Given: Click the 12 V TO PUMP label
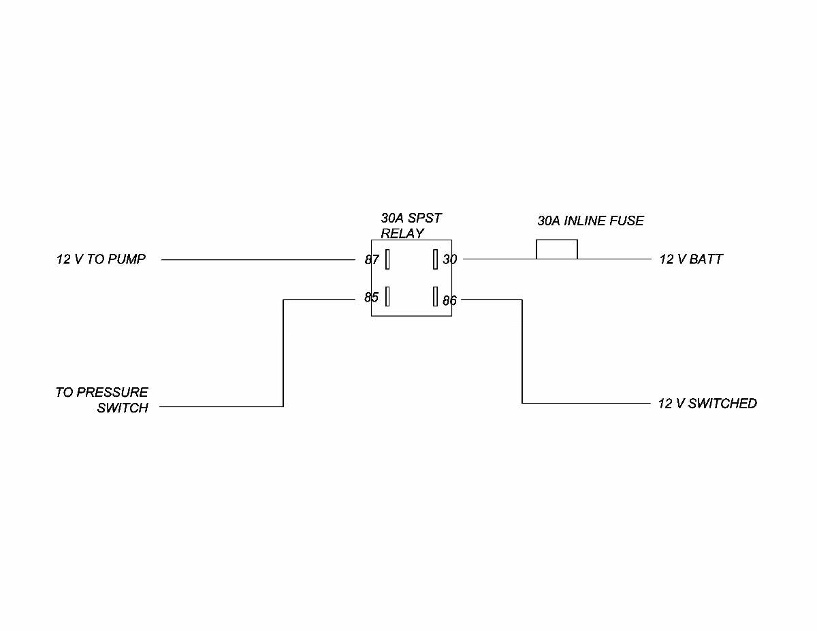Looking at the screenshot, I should [x=101, y=259].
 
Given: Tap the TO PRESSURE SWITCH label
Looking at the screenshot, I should [x=102, y=400].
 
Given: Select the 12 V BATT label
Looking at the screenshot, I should [x=691, y=259].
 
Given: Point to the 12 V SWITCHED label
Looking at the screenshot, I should [x=707, y=404].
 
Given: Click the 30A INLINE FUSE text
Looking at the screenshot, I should [x=590, y=221].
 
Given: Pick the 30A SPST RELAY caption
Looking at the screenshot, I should [x=411, y=226].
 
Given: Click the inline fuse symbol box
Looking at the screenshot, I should [x=557, y=250].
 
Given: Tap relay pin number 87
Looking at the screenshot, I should [x=372, y=259].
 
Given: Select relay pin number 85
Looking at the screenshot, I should [x=371, y=297].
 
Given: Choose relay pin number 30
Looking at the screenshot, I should [x=450, y=259].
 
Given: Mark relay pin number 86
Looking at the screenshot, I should [x=449, y=300].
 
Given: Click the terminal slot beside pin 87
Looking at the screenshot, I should [x=387, y=259].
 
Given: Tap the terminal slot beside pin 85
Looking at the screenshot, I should [x=387, y=297].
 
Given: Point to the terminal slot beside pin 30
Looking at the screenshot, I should [x=434, y=259].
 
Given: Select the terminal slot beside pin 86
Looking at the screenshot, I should [x=434, y=296].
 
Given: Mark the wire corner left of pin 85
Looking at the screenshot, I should [x=283, y=300].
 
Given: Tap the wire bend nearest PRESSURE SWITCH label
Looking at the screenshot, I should [x=283, y=406].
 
